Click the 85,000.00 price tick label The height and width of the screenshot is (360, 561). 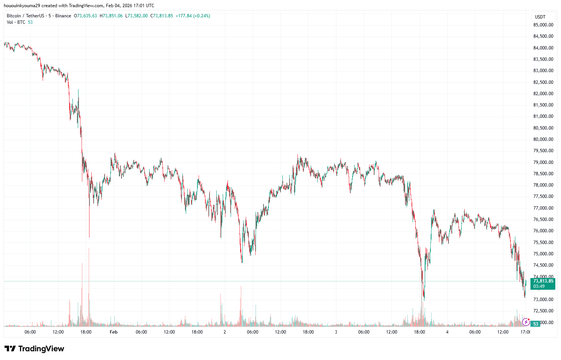pos(543,25)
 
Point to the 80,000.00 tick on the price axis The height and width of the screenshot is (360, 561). pos(543,139)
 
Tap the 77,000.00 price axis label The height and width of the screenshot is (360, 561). pos(543,208)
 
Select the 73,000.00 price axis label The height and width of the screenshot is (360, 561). pos(543,300)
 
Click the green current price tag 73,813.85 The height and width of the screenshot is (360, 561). pos(543,281)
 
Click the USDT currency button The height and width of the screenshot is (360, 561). pos(540,17)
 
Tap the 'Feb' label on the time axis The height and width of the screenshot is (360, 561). pos(114,332)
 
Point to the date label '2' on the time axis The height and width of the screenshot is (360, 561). pos(225,332)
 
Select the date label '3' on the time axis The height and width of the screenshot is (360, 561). pos(336,332)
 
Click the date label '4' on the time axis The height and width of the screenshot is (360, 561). pos(447,332)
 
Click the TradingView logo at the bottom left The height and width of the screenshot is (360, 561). pos(34,349)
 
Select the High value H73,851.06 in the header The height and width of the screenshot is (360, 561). pos(111,16)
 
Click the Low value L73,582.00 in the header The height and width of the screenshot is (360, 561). pos(137,16)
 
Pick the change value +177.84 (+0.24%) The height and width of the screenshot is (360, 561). pos(193,16)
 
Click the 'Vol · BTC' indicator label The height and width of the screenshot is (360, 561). pos(16,22)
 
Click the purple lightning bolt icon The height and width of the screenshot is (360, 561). pos(526,322)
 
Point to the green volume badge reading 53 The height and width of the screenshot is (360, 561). pos(536,324)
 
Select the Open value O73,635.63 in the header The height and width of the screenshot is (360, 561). pos(85,16)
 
